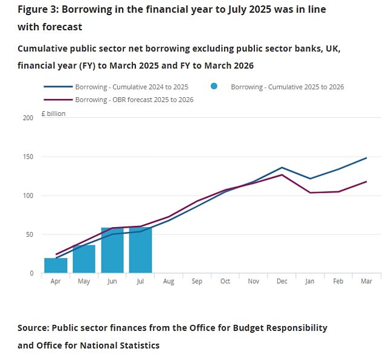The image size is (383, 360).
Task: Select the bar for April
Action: click(x=55, y=266)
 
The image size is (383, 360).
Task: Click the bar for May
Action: click(x=84, y=259)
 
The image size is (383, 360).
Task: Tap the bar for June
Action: click(x=112, y=251)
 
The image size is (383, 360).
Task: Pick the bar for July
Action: click(x=140, y=250)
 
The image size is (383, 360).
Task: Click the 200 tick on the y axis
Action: click(x=28, y=118)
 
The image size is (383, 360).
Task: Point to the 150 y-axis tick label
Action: click(x=28, y=157)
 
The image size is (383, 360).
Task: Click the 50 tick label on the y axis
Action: click(x=30, y=234)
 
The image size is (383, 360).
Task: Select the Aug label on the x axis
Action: click(x=169, y=281)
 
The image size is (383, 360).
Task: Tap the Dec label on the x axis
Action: click(x=282, y=281)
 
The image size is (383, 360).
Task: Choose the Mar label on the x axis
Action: click(x=367, y=281)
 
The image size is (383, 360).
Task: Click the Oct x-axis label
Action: click(x=225, y=281)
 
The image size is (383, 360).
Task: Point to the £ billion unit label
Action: click(x=53, y=113)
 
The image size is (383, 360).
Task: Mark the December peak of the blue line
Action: click(x=282, y=167)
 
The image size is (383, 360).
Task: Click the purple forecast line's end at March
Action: click(x=367, y=181)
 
